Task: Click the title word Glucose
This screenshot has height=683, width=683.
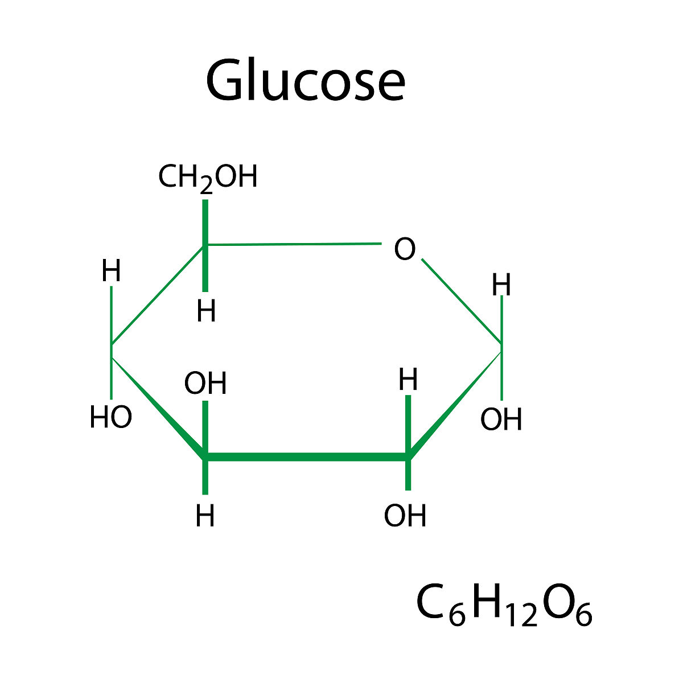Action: [305, 79]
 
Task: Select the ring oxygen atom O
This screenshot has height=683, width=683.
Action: [405, 249]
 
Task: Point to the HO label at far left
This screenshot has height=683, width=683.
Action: [111, 417]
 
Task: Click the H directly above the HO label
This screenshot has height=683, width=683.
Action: [112, 270]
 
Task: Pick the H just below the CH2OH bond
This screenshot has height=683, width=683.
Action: [206, 311]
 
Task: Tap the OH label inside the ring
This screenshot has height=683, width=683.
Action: [205, 384]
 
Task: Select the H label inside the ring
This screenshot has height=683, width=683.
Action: [408, 379]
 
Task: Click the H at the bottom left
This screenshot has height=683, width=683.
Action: [205, 516]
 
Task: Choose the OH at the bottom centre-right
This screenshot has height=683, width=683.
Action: [405, 516]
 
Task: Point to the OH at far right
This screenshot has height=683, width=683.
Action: [501, 419]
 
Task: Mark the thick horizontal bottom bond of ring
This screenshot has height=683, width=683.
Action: [307, 457]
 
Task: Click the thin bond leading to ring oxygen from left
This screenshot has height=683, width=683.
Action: [293, 244]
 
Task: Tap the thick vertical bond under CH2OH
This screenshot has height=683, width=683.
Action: [205, 246]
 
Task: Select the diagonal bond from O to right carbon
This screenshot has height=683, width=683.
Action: [462, 301]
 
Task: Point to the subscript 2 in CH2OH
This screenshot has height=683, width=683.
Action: [206, 185]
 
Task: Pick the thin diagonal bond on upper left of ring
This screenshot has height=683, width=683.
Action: [158, 295]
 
